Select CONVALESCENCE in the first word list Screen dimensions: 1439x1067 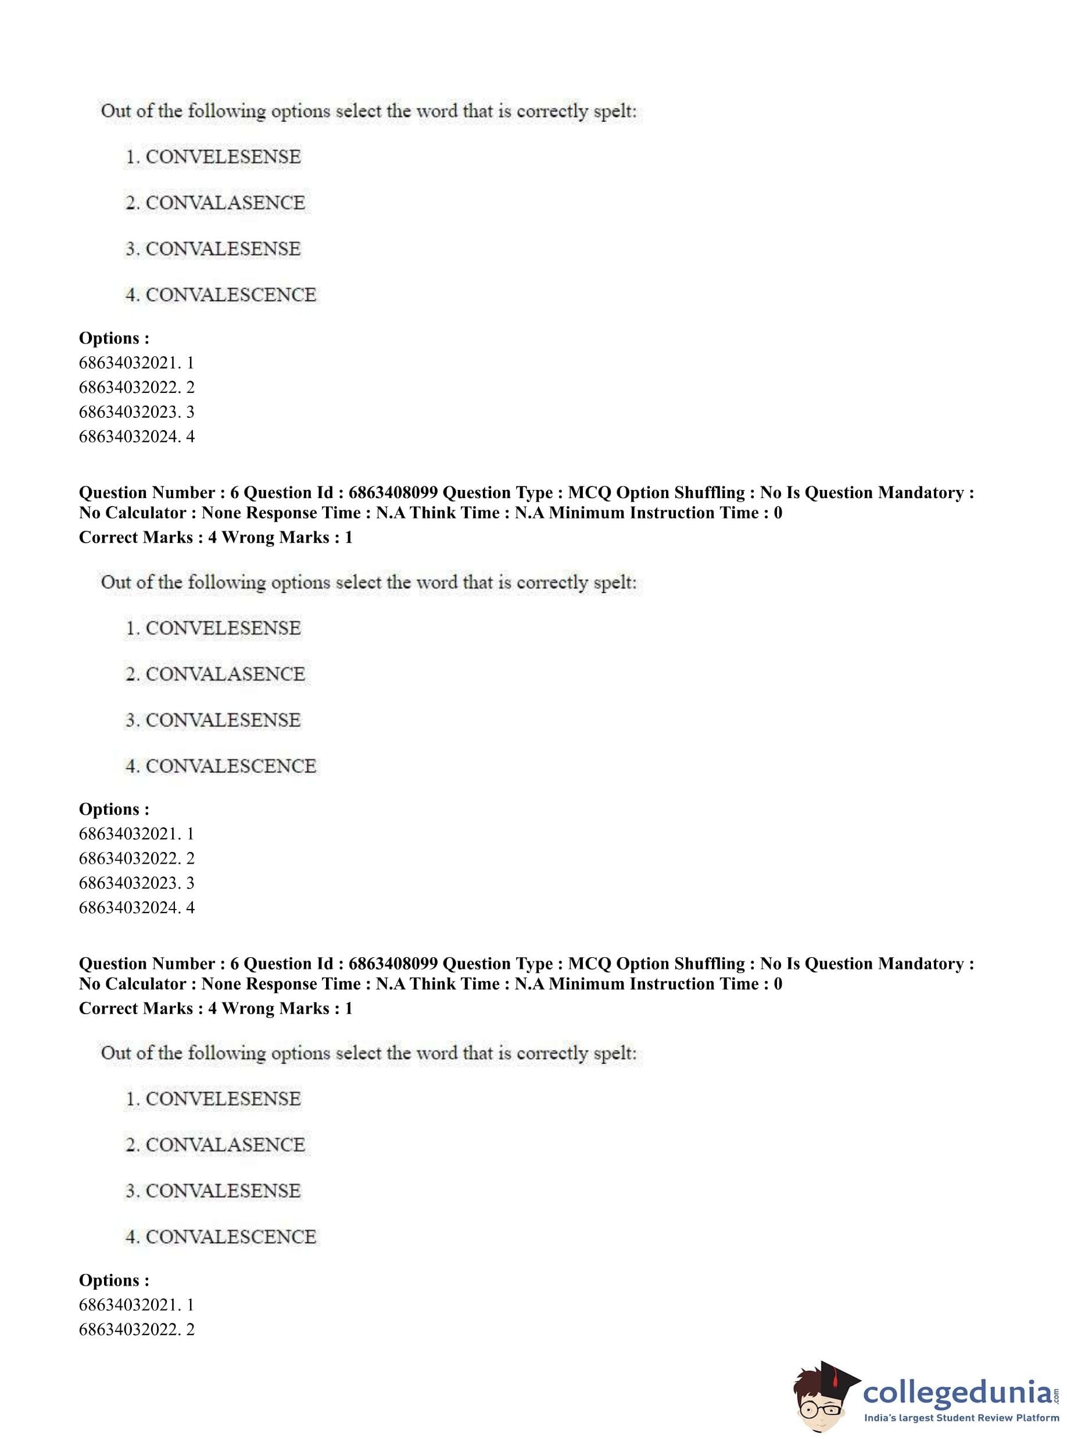click(230, 295)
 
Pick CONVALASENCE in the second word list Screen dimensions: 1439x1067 click(225, 674)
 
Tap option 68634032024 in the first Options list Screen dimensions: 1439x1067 click(137, 436)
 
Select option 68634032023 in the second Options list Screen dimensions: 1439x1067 click(137, 883)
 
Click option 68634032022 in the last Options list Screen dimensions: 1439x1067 click(137, 1329)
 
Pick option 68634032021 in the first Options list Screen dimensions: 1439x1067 click(137, 363)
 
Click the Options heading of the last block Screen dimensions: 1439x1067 click(114, 1280)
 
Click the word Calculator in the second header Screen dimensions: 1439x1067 click(149, 984)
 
